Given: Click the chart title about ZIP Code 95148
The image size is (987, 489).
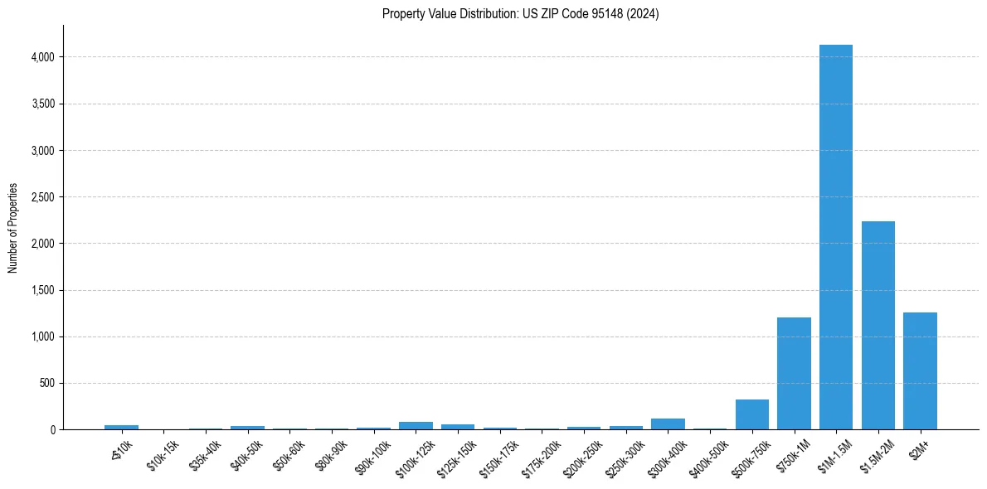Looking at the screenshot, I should click(x=520, y=14).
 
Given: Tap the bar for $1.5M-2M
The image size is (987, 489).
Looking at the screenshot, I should click(x=878, y=325).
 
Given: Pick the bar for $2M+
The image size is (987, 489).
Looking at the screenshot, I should click(x=920, y=370).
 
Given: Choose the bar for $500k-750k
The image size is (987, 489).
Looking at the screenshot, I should click(x=751, y=414).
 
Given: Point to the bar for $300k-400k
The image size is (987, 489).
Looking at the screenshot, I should click(x=668, y=424).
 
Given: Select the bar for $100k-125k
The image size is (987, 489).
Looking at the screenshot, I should click(x=416, y=426).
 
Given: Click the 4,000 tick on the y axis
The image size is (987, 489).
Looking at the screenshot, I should click(x=43, y=57).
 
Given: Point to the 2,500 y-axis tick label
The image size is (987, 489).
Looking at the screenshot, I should click(x=43, y=197).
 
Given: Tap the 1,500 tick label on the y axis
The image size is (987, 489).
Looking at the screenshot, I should click(x=43, y=291).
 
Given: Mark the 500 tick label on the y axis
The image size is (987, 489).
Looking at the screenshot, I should click(x=47, y=384).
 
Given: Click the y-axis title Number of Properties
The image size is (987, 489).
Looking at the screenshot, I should click(x=13, y=228).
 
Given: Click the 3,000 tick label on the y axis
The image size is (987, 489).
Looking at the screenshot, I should click(x=43, y=151).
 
